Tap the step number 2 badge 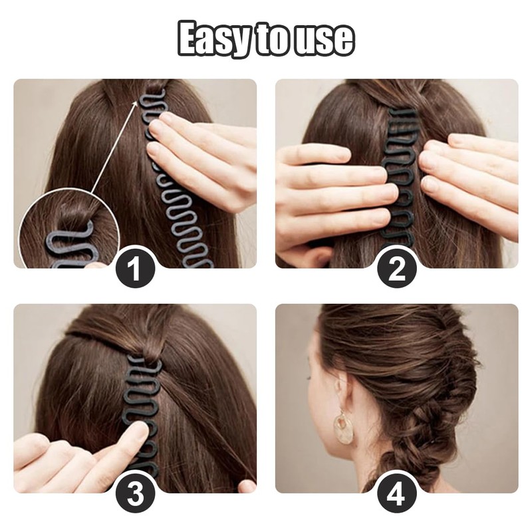pos(397,271)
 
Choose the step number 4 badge pos(397,495)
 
